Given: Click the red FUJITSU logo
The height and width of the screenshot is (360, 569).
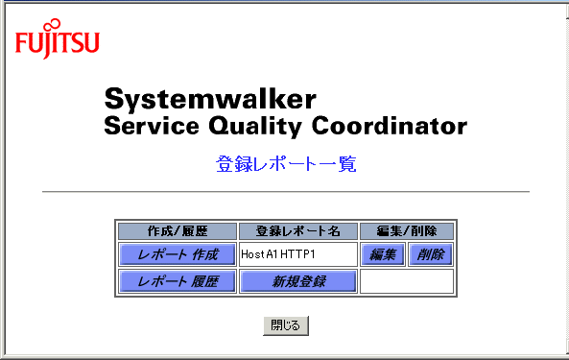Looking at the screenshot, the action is pyautogui.click(x=57, y=38).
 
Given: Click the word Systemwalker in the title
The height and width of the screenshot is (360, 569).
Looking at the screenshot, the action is pyautogui.click(x=210, y=100).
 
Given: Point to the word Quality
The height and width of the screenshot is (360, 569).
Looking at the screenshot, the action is pyautogui.click(x=254, y=127).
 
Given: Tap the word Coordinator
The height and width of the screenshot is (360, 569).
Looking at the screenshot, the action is pyautogui.click(x=390, y=126).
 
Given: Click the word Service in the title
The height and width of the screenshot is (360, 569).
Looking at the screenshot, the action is pyautogui.click(x=152, y=126).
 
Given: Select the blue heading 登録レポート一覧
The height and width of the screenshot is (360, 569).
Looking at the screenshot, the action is pyautogui.click(x=286, y=163).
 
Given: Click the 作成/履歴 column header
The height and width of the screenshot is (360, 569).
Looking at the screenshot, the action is pyautogui.click(x=178, y=231).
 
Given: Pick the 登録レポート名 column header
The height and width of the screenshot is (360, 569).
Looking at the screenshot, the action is pyautogui.click(x=298, y=231).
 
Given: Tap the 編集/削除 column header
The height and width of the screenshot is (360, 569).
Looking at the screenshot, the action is pyautogui.click(x=407, y=231).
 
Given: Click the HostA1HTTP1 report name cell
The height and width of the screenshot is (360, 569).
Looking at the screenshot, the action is pyautogui.click(x=298, y=254).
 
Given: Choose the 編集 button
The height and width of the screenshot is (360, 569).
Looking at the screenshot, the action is pyautogui.click(x=383, y=254).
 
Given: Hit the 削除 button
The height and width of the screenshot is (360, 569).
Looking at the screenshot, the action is pyautogui.click(x=431, y=254).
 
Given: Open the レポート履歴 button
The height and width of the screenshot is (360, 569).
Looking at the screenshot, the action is pyautogui.click(x=178, y=281).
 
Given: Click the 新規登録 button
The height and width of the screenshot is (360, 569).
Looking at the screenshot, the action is pyautogui.click(x=298, y=281).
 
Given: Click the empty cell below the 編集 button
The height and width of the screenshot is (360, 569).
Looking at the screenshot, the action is pyautogui.click(x=407, y=281).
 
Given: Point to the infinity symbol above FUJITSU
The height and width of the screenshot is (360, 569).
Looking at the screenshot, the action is pyautogui.click(x=53, y=24).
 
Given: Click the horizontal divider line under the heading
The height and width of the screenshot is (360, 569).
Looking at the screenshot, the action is pyautogui.click(x=286, y=191).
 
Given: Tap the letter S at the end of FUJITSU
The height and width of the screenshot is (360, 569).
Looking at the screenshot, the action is pyautogui.click(x=79, y=42).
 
